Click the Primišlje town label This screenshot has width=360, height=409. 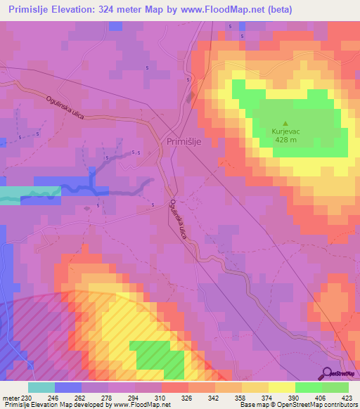(184, 141)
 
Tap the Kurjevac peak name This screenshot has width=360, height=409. (285, 131)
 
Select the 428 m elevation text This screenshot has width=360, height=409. (285, 139)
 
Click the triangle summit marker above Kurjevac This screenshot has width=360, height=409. (285, 122)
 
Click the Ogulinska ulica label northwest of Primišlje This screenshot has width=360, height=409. (66, 108)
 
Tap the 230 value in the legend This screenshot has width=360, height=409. (26, 397)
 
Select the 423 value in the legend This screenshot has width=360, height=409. (347, 397)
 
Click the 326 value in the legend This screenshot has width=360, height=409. (187, 397)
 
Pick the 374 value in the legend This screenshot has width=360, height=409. (267, 397)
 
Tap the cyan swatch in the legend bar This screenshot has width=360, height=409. (41, 387)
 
